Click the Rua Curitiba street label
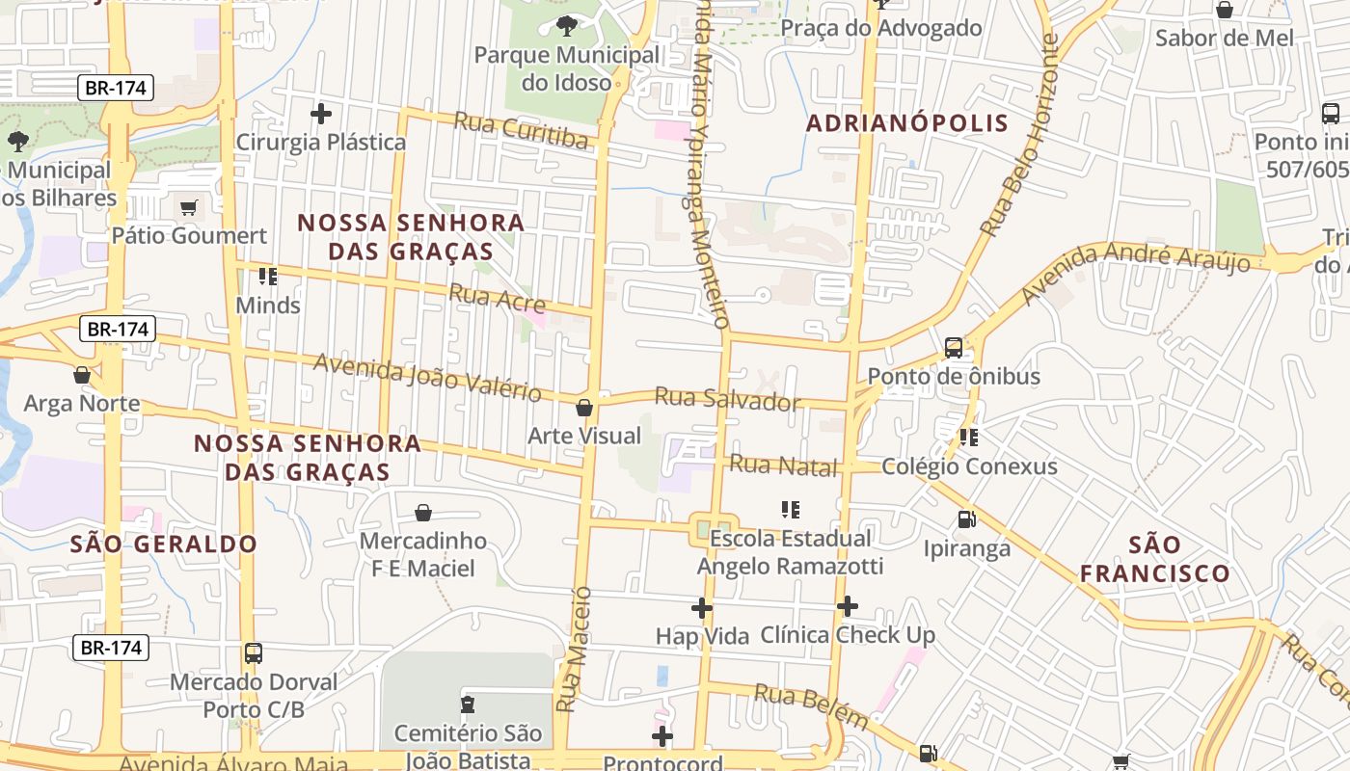pos(520,130)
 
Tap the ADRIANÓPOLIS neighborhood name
pos(906,123)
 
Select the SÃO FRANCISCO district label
pos(1154,559)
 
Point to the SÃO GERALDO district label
pos(164,544)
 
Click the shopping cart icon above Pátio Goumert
pos(189,208)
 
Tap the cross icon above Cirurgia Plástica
pos(321,114)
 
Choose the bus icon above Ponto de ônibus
pos(954,348)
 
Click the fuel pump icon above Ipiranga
pos(966,520)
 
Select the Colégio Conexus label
pos(969,467)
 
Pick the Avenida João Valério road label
pos(427,378)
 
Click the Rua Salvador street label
pos(727,398)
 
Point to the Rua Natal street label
pos(783,466)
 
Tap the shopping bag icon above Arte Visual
pos(584,408)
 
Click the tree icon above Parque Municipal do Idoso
pos(566,26)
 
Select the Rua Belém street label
pos(811,706)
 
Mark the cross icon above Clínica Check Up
pos(848,606)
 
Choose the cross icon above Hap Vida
pos(702,608)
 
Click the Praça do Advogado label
pos(880,28)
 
